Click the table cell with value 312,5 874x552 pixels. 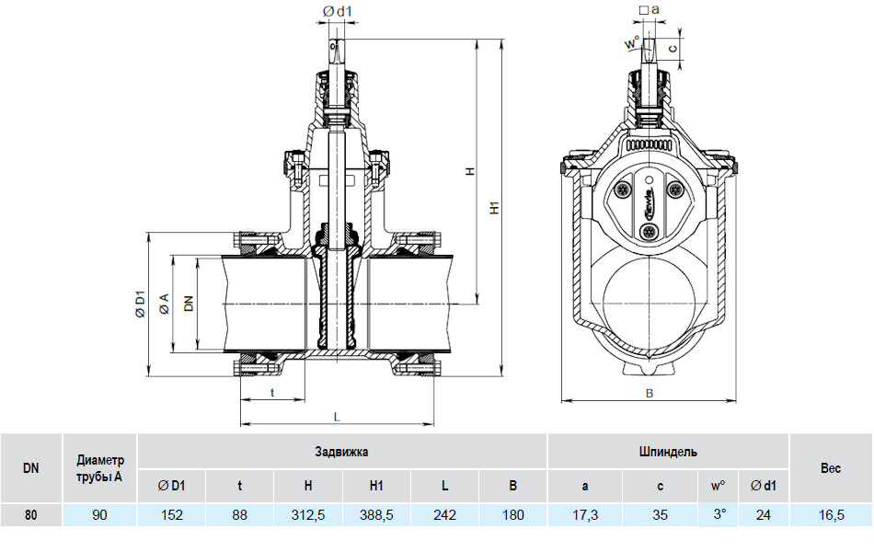coord(307,514)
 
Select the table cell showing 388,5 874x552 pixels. coord(376,514)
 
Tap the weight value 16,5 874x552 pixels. coord(831,514)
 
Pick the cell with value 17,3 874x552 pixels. coord(585,514)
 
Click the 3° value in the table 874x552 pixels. coord(719,513)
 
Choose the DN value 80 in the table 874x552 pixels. coord(30,514)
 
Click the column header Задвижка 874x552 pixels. coord(341,452)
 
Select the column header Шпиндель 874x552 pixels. coord(668,452)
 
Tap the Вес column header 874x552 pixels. coord(831,468)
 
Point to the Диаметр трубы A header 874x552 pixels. coord(99,468)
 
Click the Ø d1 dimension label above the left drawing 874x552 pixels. coord(338,11)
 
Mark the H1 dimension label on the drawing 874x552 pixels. coord(494,207)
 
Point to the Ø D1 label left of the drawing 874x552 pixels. coord(140,304)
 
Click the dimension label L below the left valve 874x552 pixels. coord(337,417)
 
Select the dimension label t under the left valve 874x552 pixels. coord(272,393)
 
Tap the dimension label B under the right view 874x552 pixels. coord(650,394)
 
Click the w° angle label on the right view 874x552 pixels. coord(631,42)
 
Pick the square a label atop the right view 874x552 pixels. coord(650,9)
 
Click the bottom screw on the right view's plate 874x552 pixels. coord(648,231)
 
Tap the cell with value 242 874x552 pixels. coord(444,514)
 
